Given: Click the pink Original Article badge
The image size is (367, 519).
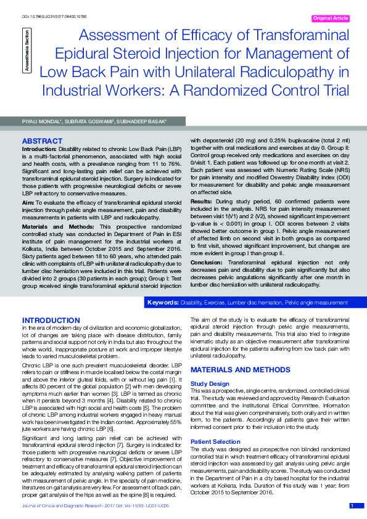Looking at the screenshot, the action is [332, 18].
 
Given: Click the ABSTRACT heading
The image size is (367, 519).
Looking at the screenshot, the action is [43, 141].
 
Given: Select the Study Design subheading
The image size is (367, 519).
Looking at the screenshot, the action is [210, 383].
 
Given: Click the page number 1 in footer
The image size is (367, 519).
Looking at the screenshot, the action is [352, 506].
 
